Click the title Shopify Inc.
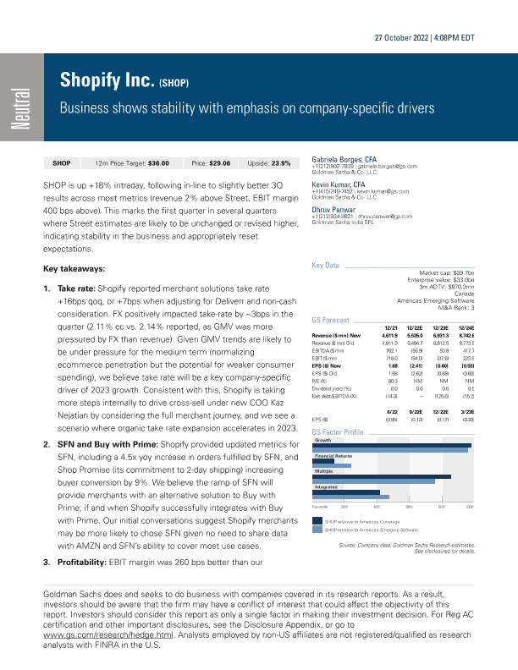pos(107,81)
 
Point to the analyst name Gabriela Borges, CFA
pos(344,158)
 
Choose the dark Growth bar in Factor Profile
pos(392,445)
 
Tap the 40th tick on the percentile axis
pos(376,505)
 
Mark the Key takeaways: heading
pos(74,268)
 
